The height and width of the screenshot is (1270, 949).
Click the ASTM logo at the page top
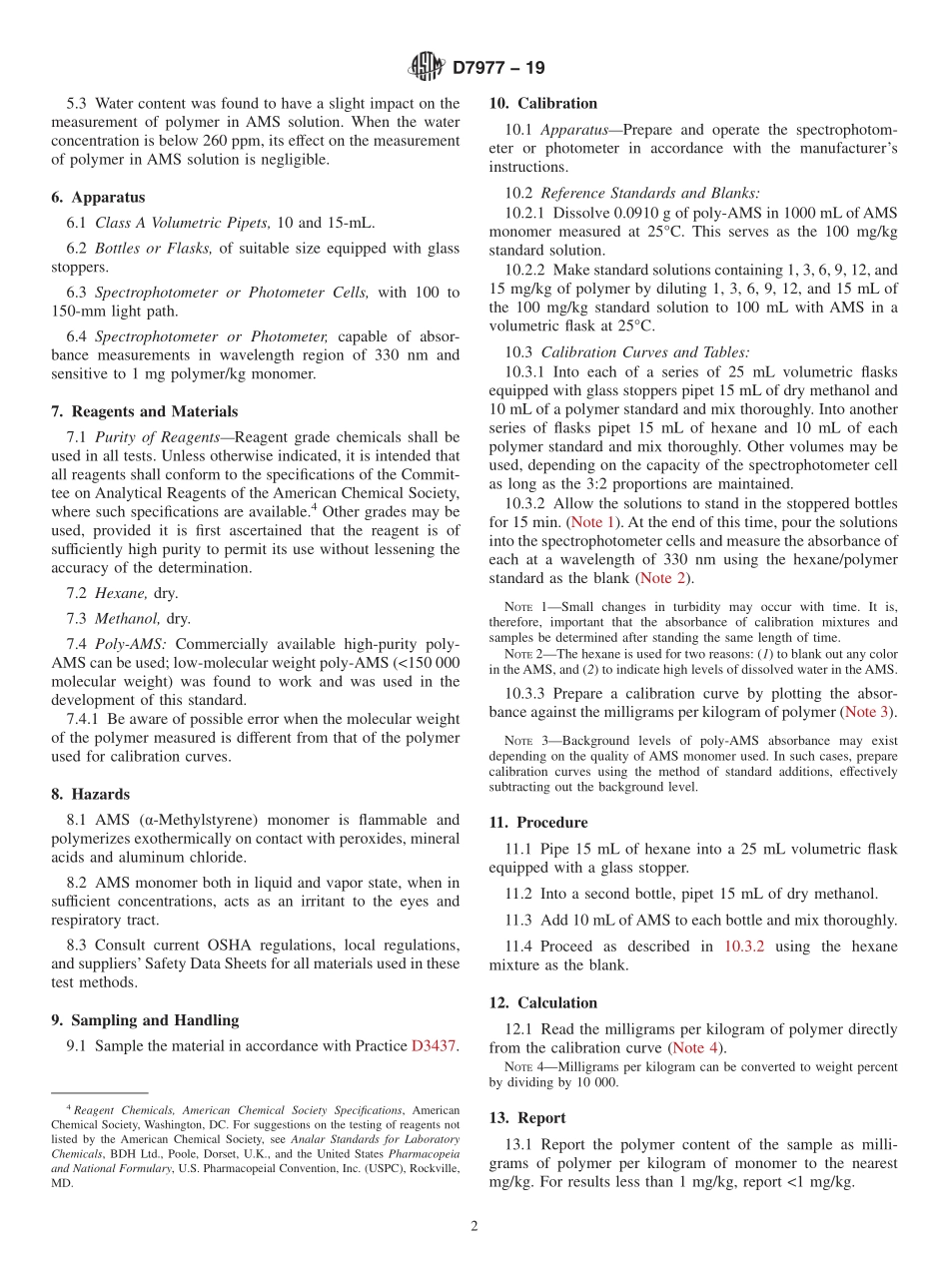(428, 68)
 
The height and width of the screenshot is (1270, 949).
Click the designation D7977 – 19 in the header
(498, 69)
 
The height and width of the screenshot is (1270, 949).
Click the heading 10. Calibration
(543, 103)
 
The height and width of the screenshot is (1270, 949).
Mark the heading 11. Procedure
(538, 823)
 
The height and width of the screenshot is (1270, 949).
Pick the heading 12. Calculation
(543, 1002)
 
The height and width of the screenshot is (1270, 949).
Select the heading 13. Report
(527, 1118)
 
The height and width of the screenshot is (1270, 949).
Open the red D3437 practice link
(433, 1046)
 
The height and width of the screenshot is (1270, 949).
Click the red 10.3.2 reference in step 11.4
(743, 946)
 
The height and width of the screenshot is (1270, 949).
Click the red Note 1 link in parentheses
(592, 522)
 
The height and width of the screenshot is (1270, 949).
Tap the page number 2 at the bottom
(474, 1227)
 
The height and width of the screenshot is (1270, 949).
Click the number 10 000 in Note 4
(595, 1082)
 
